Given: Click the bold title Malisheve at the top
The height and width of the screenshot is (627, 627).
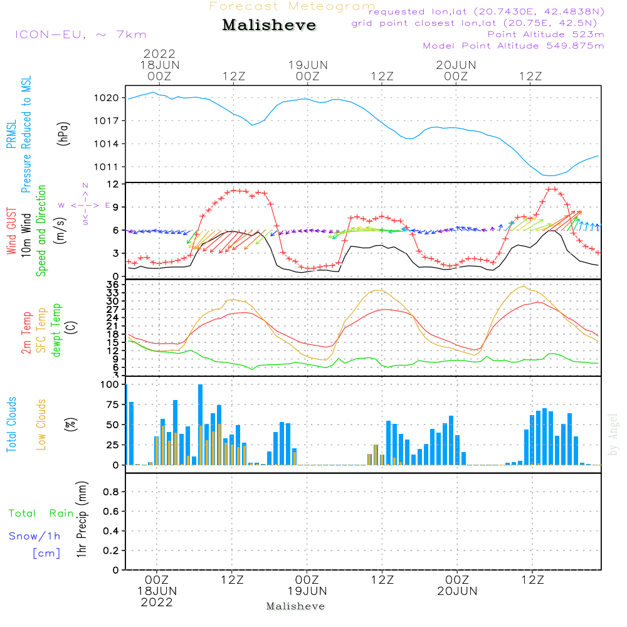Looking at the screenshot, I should coord(270,26).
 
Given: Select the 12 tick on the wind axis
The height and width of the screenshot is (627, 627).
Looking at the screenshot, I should coord(113,184).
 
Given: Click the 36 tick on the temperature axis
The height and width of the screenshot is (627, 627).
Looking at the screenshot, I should coord(113,285).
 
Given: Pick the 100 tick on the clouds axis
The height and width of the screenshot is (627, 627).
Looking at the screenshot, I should coord(110,384).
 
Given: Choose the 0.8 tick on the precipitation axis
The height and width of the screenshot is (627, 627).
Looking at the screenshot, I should coord(111,492).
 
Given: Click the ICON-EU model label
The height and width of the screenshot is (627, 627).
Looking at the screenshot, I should coord(80,34).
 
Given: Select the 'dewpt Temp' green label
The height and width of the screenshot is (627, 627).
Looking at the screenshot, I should coord(57,330).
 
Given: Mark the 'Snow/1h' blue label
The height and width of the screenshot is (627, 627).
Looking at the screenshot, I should coord(35,536).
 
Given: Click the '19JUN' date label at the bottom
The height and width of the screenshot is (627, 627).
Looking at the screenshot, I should coord(307,591).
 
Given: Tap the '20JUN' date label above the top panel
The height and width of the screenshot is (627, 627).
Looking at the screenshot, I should coord(456,65).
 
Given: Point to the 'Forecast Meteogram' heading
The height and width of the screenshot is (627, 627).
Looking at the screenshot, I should coord(292,6).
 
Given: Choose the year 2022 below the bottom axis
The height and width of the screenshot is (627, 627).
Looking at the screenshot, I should coord(157,603).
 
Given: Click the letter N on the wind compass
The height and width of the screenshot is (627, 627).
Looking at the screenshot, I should coord(85,185).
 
